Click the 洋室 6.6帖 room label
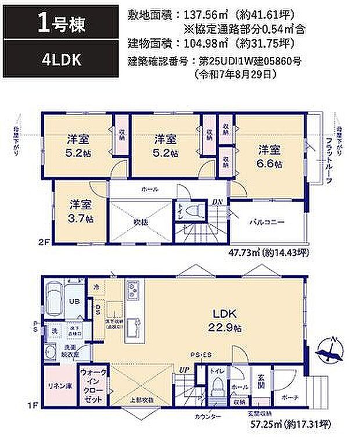pos(270,156)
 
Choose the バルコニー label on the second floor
pos(267,222)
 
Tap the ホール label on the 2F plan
pos(149,189)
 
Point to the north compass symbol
pos(333,347)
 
